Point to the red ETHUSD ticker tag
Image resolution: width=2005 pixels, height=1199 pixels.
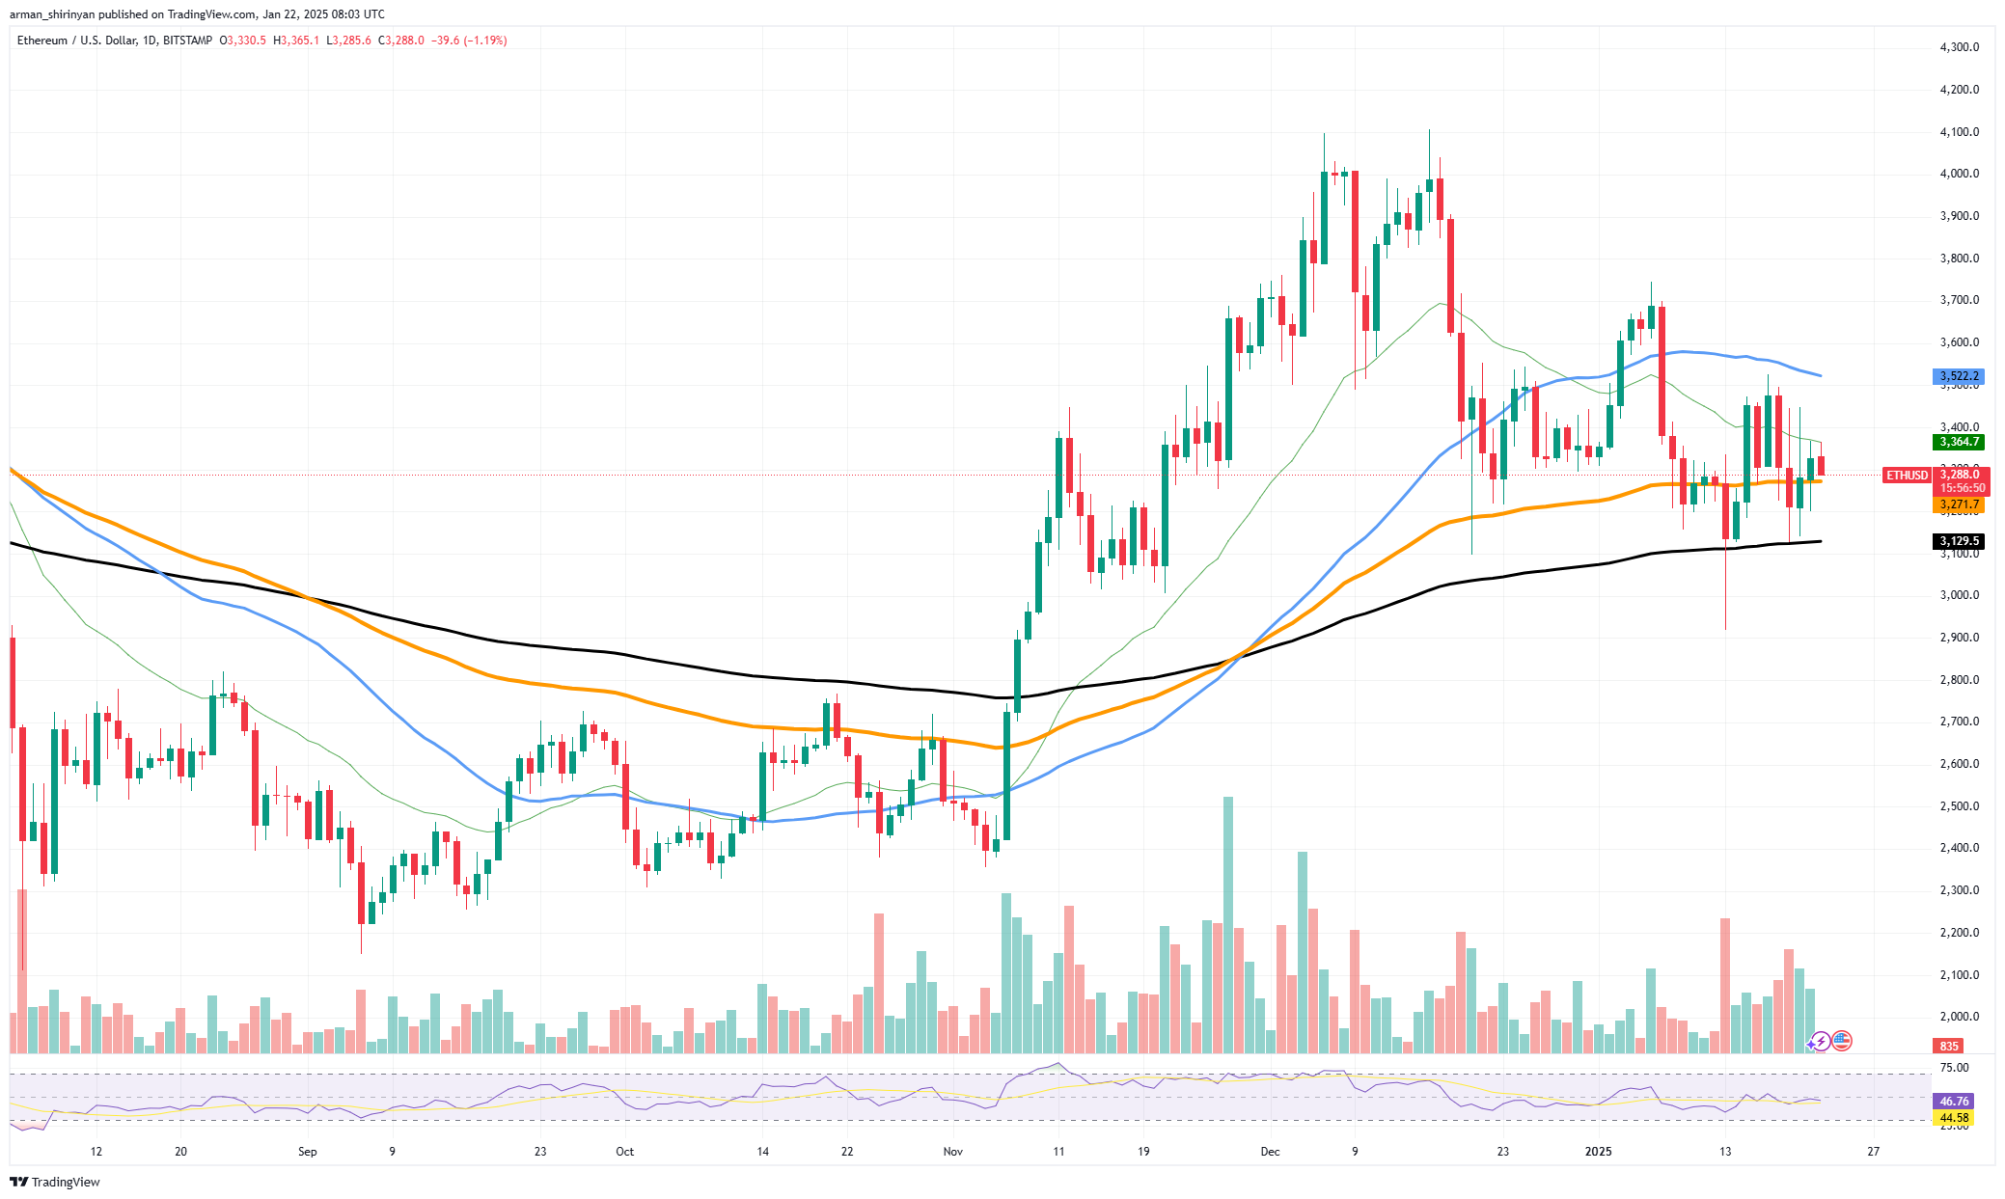1907,476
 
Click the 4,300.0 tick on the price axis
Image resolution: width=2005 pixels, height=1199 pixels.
1959,47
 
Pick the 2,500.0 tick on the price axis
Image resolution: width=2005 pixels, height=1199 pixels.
1959,806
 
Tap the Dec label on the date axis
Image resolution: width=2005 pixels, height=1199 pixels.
1270,1152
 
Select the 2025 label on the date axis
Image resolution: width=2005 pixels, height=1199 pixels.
1599,1152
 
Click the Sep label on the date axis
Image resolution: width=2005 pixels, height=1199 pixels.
307,1152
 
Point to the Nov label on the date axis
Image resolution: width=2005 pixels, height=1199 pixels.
952,1152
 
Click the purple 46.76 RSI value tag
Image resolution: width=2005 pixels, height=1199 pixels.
1954,1101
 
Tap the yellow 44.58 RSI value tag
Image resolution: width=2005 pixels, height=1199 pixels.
1954,1118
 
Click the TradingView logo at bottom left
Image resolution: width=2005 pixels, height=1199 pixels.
55,1182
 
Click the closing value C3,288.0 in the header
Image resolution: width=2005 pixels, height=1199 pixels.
400,41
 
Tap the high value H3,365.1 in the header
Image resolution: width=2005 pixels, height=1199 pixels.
295,41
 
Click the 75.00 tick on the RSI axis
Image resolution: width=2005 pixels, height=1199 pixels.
1954,1068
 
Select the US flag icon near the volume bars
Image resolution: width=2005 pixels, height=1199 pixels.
1841,1041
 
